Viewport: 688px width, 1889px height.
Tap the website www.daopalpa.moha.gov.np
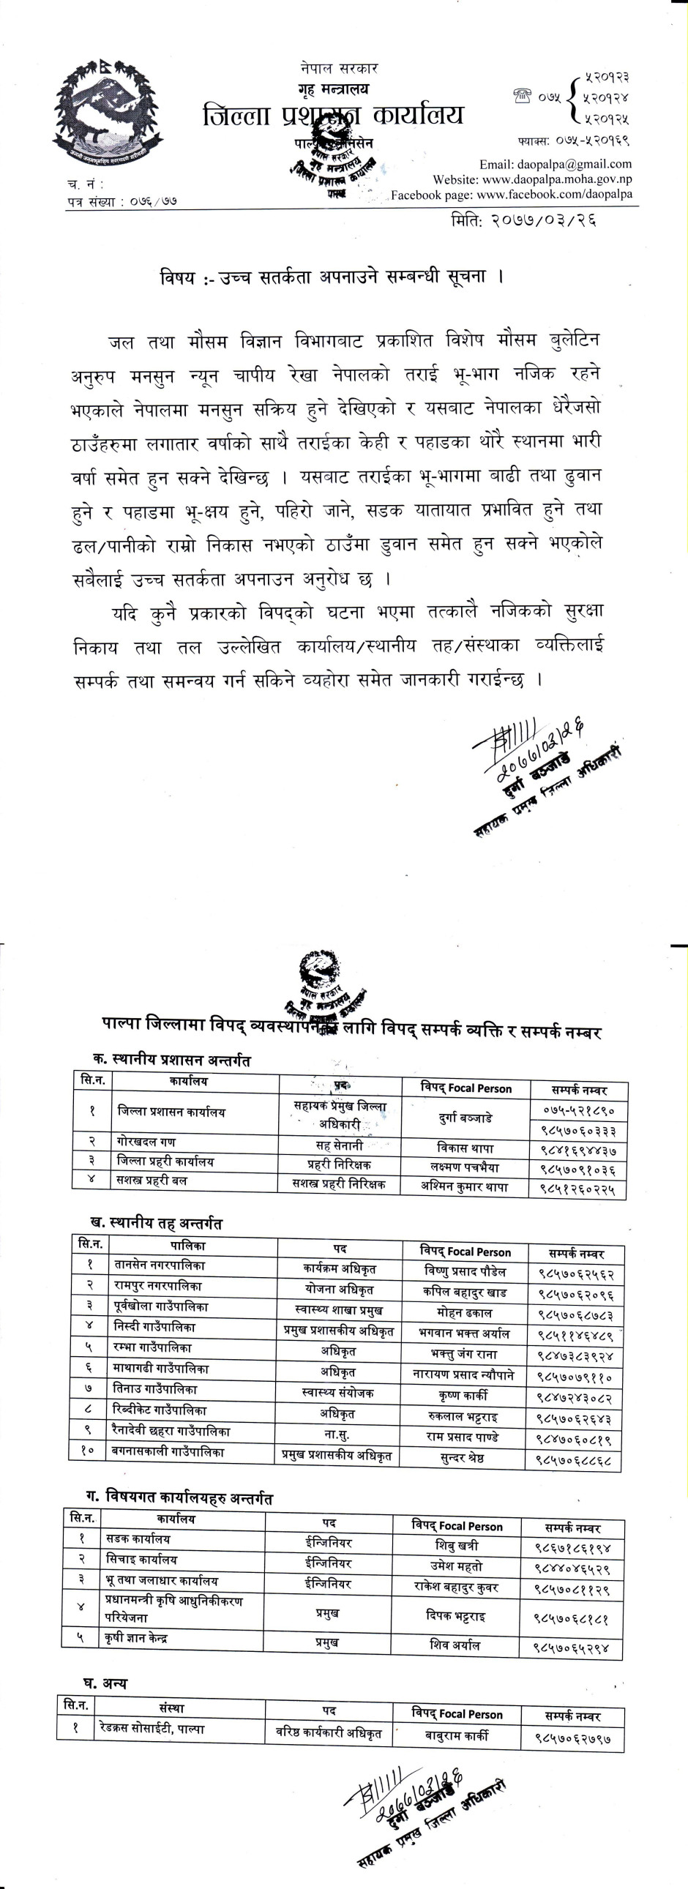pos(532,179)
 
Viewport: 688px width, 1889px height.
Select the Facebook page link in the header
pos(511,195)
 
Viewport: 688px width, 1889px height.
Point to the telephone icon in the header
pos(523,95)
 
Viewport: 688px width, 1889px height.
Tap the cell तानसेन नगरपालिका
pos(160,1265)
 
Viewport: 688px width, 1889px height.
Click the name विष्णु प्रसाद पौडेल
pos(465,1271)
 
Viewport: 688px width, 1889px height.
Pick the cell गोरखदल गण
pos(146,1142)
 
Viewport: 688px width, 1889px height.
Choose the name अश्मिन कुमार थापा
pos(464,1186)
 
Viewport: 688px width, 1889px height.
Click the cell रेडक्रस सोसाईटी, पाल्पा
pos(152,1729)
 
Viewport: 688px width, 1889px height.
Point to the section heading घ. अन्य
pos(104,1683)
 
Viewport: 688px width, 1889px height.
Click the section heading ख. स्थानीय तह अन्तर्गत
pos(155,1223)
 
